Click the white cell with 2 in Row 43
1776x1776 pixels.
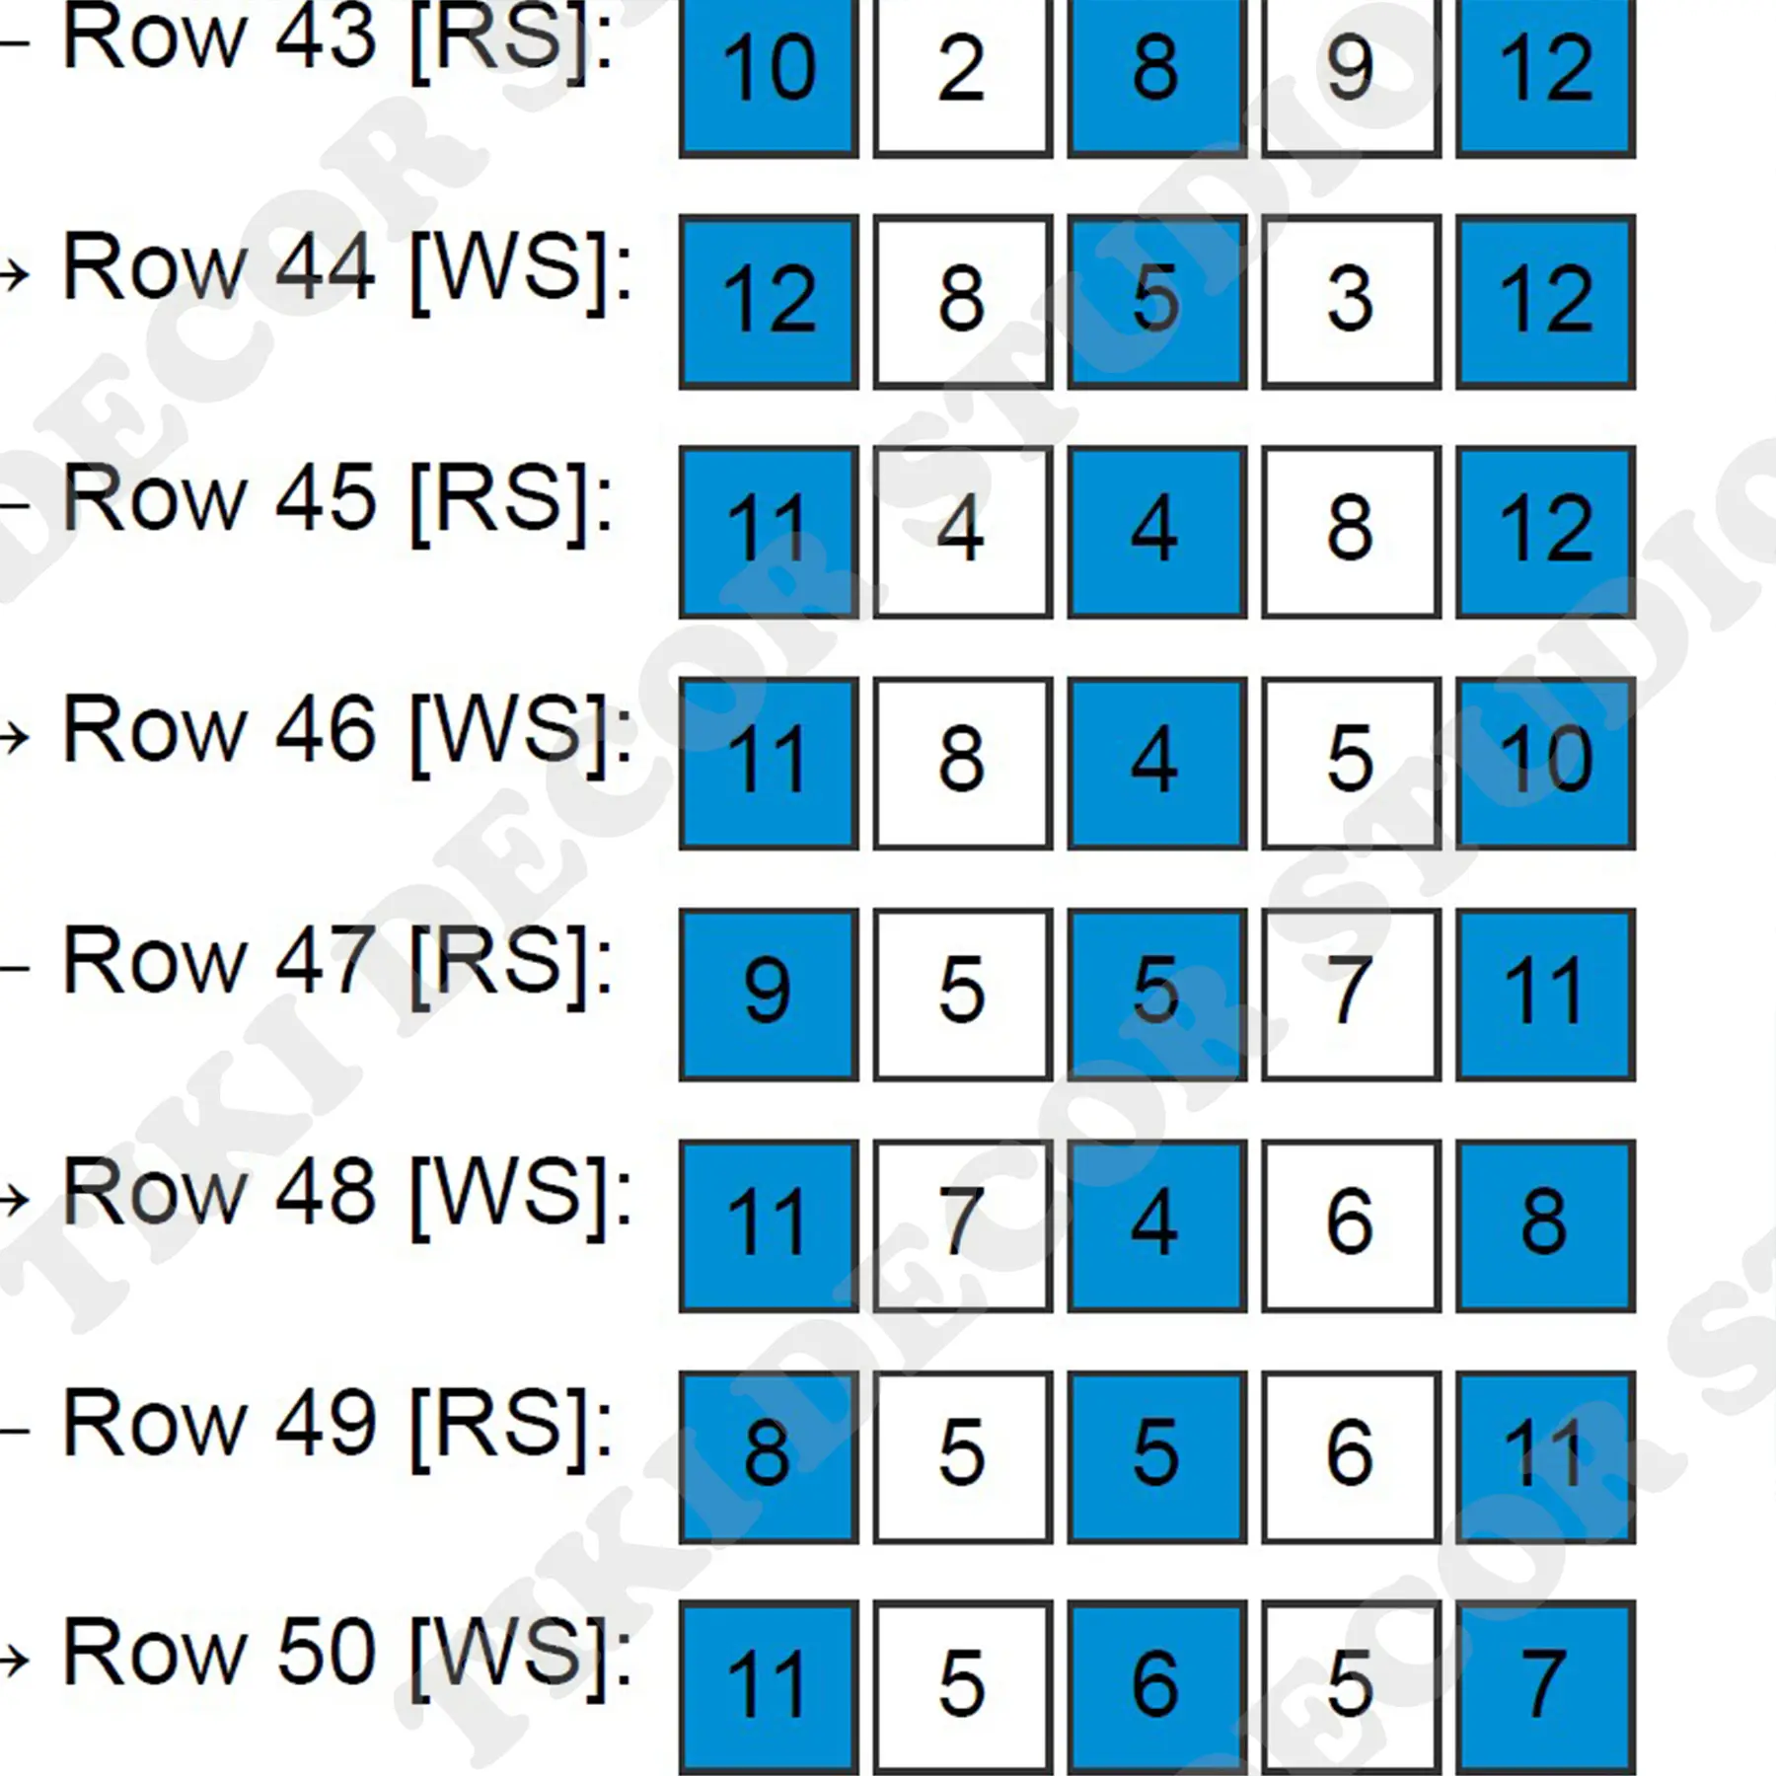click(x=962, y=77)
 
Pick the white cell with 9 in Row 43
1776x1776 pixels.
click(x=1351, y=77)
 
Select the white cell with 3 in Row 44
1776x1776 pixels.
click(x=1351, y=302)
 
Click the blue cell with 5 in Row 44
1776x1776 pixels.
click(x=1156, y=302)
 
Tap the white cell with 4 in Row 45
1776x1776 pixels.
click(x=962, y=533)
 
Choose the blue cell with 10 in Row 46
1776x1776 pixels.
click(x=1545, y=764)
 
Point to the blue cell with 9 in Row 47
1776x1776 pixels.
click(x=768, y=995)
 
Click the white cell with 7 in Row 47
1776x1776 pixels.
click(x=1351, y=995)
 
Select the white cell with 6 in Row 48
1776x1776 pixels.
click(x=1351, y=1225)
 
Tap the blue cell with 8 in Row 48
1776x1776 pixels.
click(x=1545, y=1225)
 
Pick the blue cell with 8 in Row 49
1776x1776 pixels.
click(x=768, y=1456)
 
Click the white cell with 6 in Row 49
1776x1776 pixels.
click(x=1351, y=1456)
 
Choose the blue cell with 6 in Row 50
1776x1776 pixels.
click(x=1156, y=1687)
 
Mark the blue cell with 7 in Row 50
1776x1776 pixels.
click(x=1545, y=1687)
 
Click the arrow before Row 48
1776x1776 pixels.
click(x=15, y=1199)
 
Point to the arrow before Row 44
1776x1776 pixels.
click(x=15, y=275)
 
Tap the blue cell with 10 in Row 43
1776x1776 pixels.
click(x=768, y=77)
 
